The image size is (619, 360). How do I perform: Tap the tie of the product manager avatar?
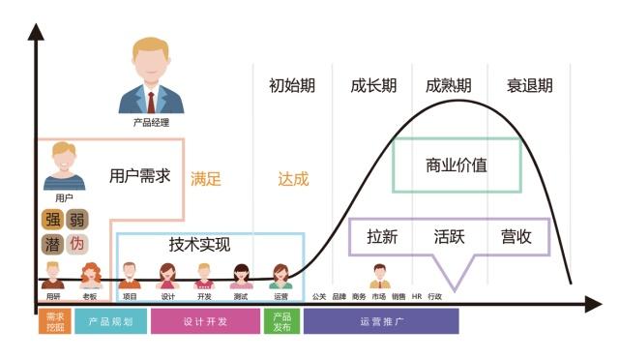click(x=151, y=99)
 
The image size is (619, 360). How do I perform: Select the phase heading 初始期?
click(x=292, y=85)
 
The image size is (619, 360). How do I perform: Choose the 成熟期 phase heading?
click(x=449, y=85)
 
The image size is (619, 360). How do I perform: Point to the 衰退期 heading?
click(x=529, y=85)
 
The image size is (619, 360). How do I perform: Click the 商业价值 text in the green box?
click(x=457, y=165)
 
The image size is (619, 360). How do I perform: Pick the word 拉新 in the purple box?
click(x=383, y=237)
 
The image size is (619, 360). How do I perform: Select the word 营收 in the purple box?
click(x=516, y=237)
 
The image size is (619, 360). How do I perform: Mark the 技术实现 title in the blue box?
click(x=200, y=245)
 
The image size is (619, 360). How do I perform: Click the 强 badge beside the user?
click(x=52, y=219)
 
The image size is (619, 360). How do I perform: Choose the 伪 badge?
click(x=76, y=243)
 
